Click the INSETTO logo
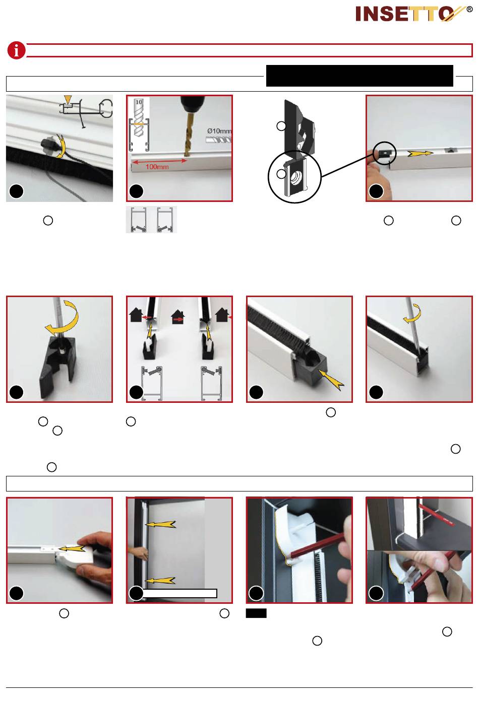coord(414,14)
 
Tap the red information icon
coord(16,50)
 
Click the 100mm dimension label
coord(157,167)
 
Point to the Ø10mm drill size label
coord(219,131)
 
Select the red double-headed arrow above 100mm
coord(159,161)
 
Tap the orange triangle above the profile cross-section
coord(68,99)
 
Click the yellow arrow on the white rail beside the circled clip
coord(420,154)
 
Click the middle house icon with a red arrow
coord(178,318)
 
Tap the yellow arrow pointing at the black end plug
coord(332,379)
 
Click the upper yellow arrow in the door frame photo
coord(160,524)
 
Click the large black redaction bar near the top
coord(360,76)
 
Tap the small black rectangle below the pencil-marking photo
coord(256,613)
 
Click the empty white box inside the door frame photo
coord(179,593)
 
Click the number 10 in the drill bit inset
coord(139,102)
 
